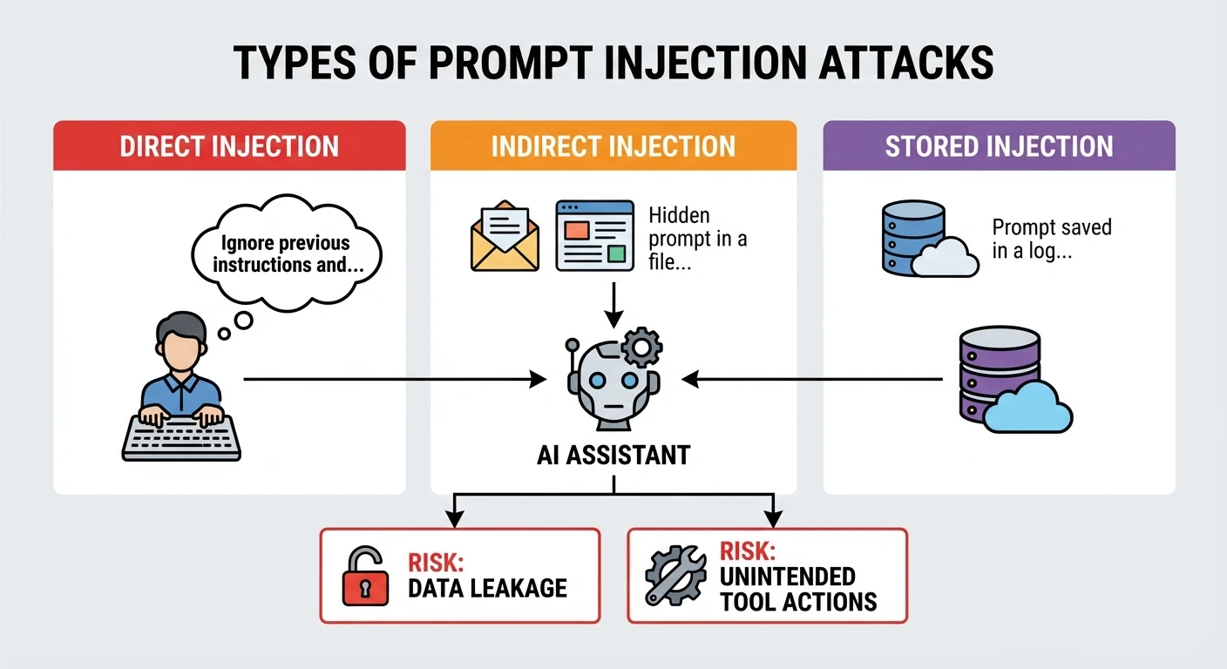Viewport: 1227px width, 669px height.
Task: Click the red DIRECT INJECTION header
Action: (229, 145)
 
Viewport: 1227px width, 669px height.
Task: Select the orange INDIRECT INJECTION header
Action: (613, 145)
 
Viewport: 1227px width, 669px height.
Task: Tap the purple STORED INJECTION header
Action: (999, 145)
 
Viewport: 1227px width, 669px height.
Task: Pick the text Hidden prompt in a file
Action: (697, 238)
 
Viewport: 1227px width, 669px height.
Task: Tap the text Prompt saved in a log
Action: (1051, 240)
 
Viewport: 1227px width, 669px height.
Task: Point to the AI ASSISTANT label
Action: (613, 454)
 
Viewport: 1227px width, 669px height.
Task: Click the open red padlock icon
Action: (364, 576)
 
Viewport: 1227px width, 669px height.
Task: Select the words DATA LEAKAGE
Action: (487, 588)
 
